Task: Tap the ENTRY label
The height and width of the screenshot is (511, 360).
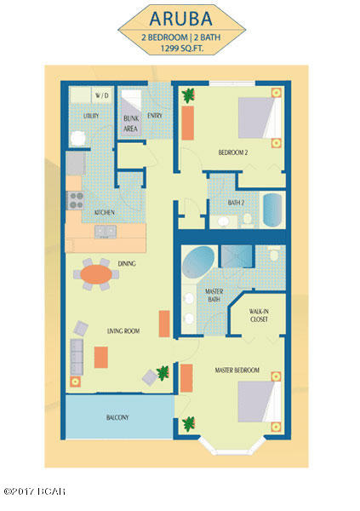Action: [156, 116]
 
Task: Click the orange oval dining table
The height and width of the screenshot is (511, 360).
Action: [96, 274]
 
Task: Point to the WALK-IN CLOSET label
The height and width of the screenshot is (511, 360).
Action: [260, 316]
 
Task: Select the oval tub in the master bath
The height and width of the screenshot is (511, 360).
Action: [199, 259]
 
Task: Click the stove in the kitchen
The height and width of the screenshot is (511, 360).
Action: [74, 202]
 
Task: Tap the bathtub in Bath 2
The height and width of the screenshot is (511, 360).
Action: [271, 210]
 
